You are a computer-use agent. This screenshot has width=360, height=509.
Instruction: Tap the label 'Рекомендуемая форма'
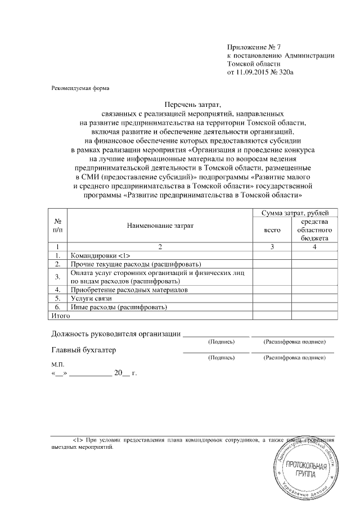click(78, 88)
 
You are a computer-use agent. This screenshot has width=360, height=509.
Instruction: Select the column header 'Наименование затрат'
click(160, 226)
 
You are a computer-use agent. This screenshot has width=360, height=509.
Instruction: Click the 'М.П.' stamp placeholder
click(58, 364)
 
